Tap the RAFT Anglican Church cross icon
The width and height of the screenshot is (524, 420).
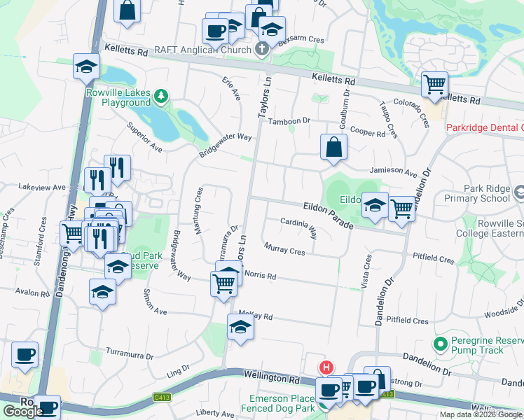point(262,50)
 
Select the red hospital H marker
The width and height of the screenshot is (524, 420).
point(326,367)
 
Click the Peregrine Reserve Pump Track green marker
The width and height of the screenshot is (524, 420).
point(440,344)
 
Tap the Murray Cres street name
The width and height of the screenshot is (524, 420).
point(284,248)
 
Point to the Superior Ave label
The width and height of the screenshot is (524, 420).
point(144,138)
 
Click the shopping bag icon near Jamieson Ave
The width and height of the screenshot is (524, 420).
point(334,148)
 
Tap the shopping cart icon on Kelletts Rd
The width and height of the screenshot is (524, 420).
point(435,85)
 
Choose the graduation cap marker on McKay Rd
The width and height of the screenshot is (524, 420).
point(240,328)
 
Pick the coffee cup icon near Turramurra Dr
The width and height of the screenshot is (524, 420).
point(25,354)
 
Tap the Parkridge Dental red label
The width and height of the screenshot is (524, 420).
point(485,127)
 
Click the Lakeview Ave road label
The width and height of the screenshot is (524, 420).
point(41,188)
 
